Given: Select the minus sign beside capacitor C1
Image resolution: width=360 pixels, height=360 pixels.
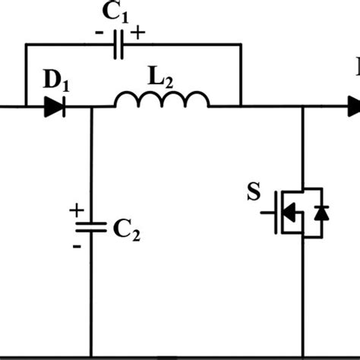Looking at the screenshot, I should [x=99, y=33].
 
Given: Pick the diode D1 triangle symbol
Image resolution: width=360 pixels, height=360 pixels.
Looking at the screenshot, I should [x=53, y=108].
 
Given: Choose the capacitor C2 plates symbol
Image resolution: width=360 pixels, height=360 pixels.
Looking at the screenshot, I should [x=91, y=226].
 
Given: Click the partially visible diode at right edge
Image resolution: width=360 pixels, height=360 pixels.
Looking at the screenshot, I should [x=354, y=108].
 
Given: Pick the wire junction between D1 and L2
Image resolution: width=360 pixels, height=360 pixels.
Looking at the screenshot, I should [x=91, y=108].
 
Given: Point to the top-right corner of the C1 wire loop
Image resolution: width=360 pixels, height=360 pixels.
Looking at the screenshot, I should [x=241, y=44].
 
